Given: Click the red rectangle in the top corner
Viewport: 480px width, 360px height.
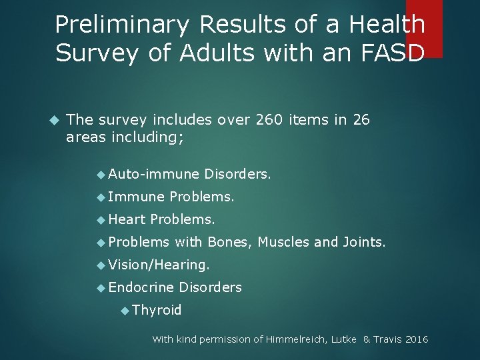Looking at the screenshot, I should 424,27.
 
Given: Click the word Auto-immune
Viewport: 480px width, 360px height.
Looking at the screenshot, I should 154,175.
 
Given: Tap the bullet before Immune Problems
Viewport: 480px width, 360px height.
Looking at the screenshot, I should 101,197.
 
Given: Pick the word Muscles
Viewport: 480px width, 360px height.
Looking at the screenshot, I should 283,242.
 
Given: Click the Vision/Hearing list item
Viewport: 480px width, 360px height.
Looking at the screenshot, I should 159,265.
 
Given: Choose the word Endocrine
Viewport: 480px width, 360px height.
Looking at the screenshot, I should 141,287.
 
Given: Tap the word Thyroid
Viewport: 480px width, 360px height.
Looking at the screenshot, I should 157,310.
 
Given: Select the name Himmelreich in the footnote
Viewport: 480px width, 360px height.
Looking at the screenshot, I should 293,339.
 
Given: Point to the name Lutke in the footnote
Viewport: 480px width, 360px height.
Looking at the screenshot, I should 343,339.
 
